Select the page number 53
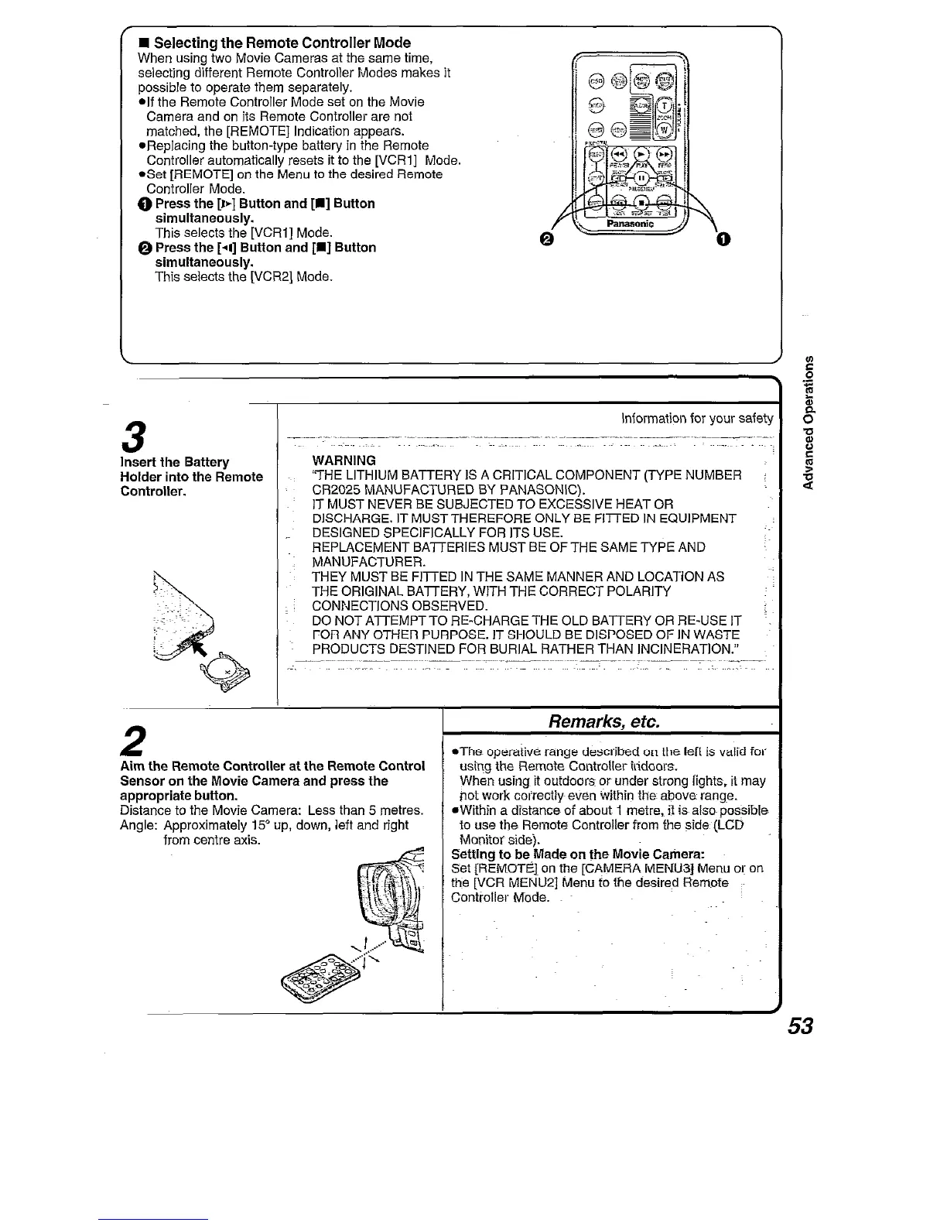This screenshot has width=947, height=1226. [x=800, y=1026]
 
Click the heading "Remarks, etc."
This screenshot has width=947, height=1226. [x=603, y=722]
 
